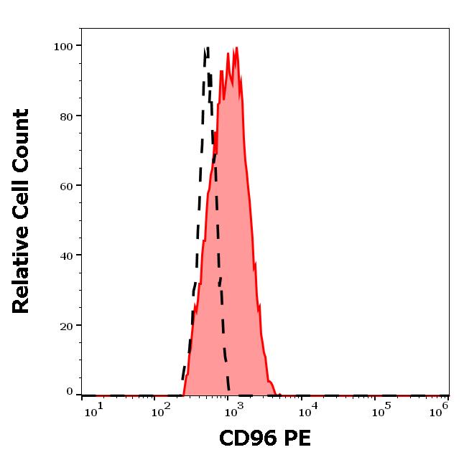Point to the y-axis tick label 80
65,116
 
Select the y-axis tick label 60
65,186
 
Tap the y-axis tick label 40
65,255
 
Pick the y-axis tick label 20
65,326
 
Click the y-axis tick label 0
70,392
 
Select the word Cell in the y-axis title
22,195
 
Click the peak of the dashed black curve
207,48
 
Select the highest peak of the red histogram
236,48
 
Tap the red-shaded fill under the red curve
233,251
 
